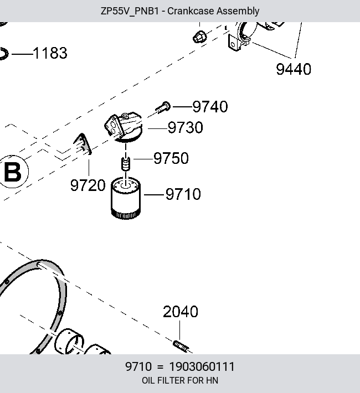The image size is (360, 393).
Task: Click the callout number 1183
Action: pos(50,53)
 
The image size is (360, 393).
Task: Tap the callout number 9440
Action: pos(294,69)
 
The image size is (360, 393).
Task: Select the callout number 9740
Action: pos(210,107)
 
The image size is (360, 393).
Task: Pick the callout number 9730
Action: pos(186,127)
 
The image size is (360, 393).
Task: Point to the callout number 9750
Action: pos(171,158)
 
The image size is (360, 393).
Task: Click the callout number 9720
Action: pos(88,185)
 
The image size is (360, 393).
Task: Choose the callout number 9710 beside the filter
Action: pos(183,194)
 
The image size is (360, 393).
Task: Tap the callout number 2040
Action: pos(181,312)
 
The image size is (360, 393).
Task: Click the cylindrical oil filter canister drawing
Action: pos(126,198)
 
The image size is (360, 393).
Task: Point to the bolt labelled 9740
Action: pos(163,107)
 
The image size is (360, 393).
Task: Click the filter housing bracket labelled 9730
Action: pos(124,127)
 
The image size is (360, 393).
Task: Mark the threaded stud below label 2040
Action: pos(181,346)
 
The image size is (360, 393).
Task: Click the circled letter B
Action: pos(13,172)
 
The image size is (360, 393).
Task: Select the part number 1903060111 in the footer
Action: pos(202,366)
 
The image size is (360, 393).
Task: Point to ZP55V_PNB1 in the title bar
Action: pos(130,11)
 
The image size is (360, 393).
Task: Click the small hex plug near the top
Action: pos(200,37)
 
